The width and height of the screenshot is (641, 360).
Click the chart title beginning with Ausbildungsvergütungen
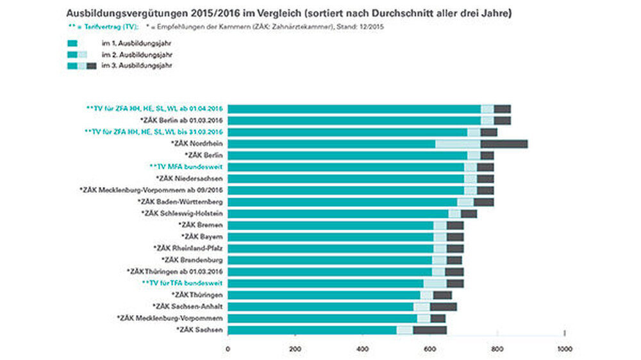point(288,13)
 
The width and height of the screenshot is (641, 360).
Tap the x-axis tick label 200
point(295,349)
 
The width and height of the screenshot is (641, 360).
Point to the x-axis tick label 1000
point(564,349)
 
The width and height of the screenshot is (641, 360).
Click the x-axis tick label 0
point(228,349)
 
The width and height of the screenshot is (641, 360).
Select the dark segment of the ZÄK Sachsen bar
point(429,330)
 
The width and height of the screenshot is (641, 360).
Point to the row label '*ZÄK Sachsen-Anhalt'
point(187,307)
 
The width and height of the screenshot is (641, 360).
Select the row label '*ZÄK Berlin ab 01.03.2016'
point(181,120)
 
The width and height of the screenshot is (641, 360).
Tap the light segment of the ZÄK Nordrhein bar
point(458,143)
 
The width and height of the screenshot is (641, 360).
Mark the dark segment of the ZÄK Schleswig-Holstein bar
point(469,213)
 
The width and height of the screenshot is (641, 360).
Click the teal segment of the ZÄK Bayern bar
point(330,237)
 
